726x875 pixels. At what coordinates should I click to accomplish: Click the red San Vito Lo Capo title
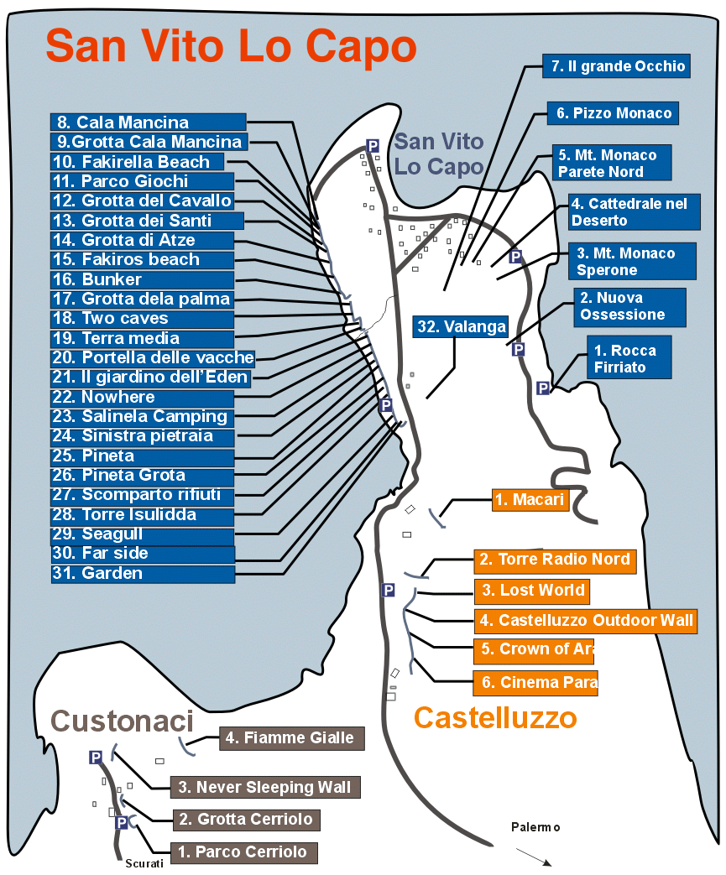coord(231,46)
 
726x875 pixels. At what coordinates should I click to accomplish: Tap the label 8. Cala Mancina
coord(148,122)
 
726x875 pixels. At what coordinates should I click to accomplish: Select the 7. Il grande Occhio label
coord(616,67)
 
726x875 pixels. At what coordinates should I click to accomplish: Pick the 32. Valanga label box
coord(461,327)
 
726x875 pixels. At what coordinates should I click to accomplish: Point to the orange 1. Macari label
coord(530,501)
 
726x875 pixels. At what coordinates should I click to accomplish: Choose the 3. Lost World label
coord(530,591)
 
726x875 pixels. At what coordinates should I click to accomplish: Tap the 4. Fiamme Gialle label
coord(291,739)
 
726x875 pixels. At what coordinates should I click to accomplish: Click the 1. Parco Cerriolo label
coord(244,853)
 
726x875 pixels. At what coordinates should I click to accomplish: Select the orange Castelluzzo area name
coord(495,717)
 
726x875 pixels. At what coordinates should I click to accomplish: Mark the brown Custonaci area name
coord(123,721)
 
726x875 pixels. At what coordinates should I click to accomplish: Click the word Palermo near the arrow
coord(535,827)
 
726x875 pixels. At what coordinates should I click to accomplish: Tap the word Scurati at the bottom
coord(144,863)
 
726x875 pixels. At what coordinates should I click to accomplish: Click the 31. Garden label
coord(143,574)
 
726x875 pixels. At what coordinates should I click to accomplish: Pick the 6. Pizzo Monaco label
coord(611,113)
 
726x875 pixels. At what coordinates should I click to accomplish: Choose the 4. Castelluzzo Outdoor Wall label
coord(585,621)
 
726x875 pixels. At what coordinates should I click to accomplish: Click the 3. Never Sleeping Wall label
coord(265,788)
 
